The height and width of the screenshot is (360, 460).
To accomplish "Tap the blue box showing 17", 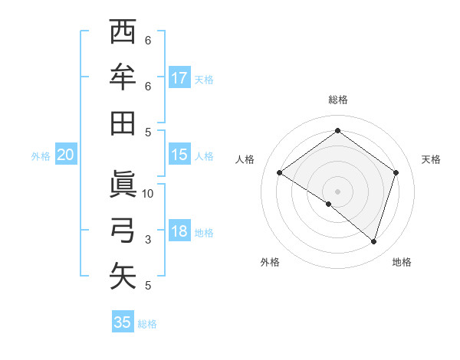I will pos(179,77).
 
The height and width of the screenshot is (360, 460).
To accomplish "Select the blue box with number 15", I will pos(179,155).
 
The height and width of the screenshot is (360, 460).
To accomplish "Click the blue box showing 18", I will pos(179,231).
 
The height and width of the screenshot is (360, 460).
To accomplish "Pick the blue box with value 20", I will pos(65,155).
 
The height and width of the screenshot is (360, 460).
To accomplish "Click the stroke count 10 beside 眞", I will pos(148,193).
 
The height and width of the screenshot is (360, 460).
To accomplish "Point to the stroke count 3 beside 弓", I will pos(148,240).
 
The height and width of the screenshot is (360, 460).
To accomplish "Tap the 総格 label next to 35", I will pos(147,324).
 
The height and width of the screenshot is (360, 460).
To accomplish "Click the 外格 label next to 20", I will pos(41,156).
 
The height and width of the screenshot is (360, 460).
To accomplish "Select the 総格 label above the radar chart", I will pos(337,100).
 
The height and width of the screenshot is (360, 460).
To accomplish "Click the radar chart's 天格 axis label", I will pos(431,159).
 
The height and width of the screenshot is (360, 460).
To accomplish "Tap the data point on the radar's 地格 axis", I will pos(373,241).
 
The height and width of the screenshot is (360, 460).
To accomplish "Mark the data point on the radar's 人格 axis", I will pos(280,173).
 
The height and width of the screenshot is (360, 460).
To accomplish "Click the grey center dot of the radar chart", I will pos(337,191).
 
